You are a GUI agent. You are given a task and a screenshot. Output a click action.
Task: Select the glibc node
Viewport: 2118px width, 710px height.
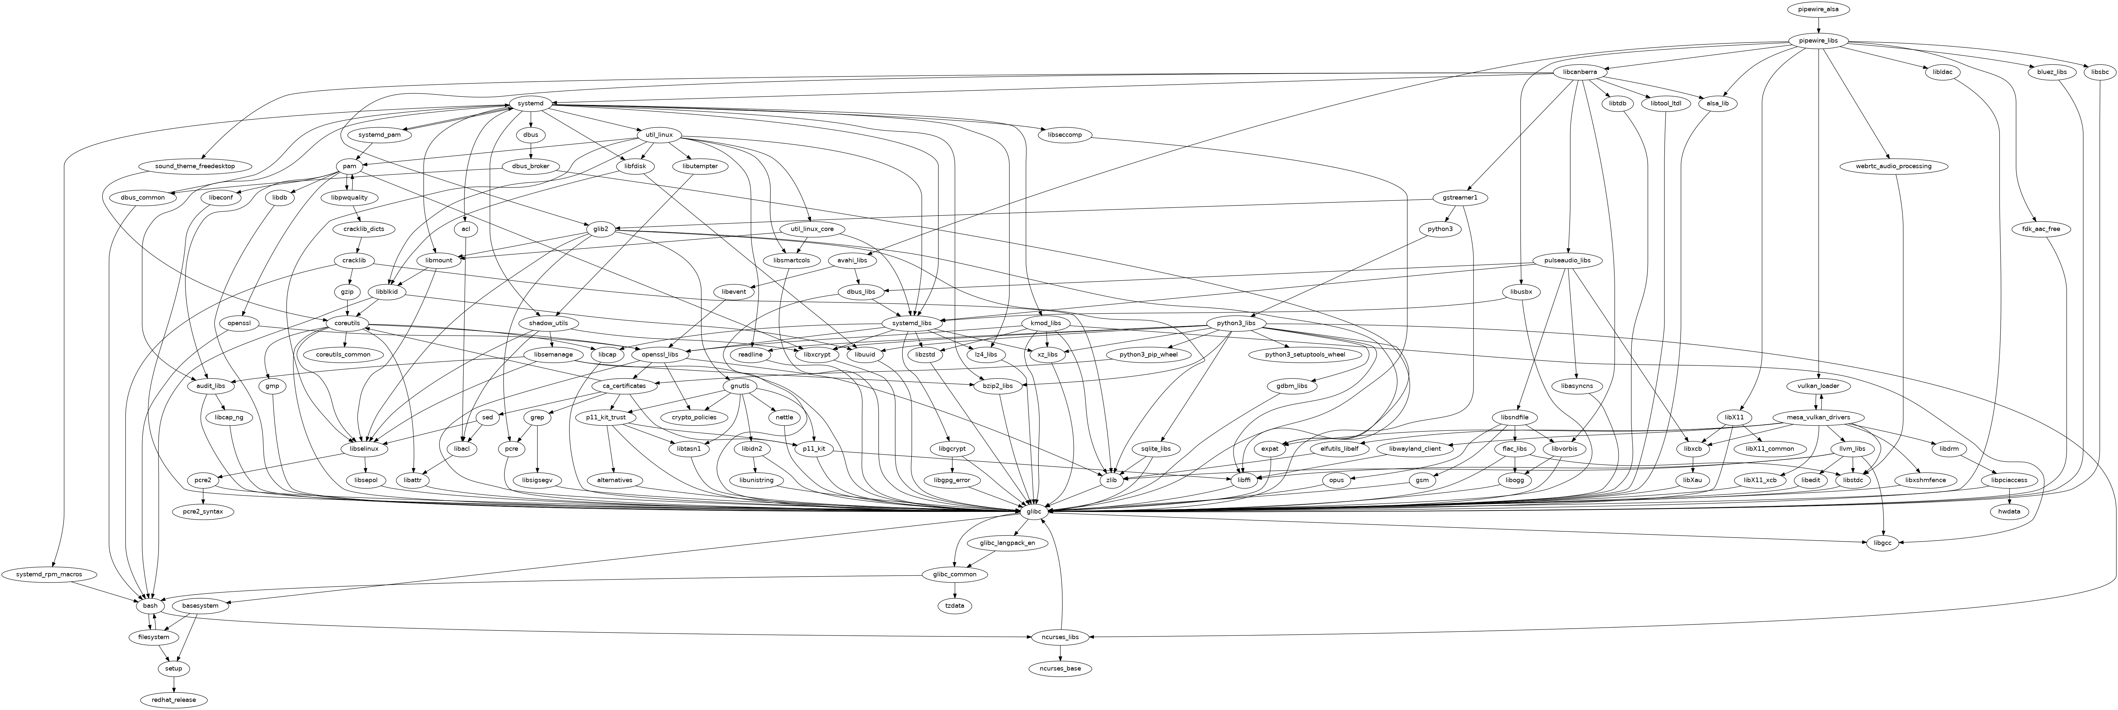tap(1034, 512)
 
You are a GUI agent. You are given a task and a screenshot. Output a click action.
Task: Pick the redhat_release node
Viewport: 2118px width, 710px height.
tap(174, 699)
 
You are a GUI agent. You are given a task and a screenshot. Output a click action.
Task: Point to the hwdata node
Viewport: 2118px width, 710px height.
tap(2009, 512)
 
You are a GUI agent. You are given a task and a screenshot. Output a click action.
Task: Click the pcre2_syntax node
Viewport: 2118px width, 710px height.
tap(203, 512)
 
